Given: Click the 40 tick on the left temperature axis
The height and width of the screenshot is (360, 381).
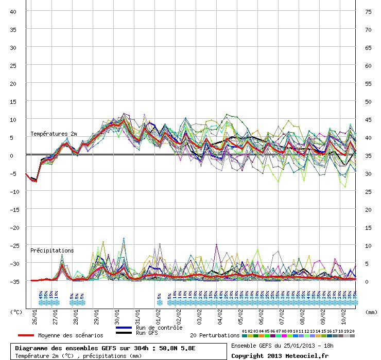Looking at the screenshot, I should coord(13,11).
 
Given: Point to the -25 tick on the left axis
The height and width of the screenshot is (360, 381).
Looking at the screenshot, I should coord(14,245).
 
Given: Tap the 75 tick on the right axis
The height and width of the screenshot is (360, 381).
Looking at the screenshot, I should coord(369,11).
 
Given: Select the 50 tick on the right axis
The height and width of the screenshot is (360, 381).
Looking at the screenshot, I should coord(369,101).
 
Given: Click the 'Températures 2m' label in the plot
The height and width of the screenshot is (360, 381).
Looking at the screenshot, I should coord(54,134).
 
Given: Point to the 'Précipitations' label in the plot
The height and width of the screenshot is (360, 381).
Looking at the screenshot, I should coord(52,250).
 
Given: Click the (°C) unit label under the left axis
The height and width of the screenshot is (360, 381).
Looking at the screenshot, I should coord(16,312).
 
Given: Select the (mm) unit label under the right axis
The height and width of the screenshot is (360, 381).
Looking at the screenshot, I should coord(371,312).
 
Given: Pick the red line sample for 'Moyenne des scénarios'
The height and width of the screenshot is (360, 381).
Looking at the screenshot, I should coord(22,335).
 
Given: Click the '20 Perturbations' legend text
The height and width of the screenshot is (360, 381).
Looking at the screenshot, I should coord(214,335).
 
